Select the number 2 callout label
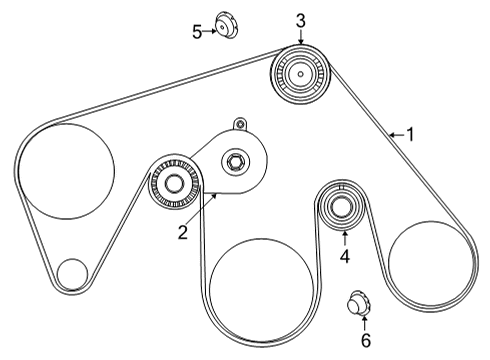[x=183, y=233]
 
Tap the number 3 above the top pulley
[x=300, y=20]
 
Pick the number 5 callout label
[x=197, y=31]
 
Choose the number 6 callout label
[x=364, y=340]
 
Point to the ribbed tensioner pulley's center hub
[x=175, y=184]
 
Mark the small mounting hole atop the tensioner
[x=238, y=124]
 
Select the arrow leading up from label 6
[x=364, y=322]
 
